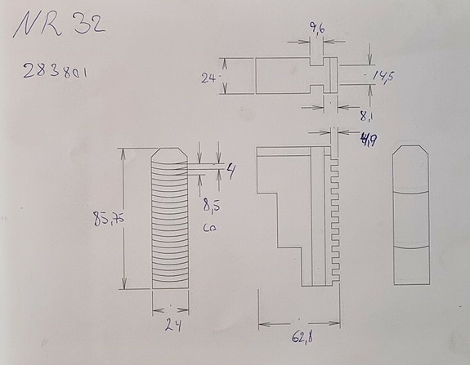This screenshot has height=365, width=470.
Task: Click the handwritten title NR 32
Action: pyautogui.click(x=59, y=27)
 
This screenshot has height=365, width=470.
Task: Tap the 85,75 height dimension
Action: pyautogui.click(x=106, y=220)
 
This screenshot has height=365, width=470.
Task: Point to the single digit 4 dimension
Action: pyautogui.click(x=231, y=171)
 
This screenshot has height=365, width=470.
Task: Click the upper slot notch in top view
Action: pyautogui.click(x=317, y=62)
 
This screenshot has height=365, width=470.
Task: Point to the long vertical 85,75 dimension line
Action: pyautogui.click(x=123, y=219)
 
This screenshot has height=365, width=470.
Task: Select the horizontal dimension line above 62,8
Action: pyautogui.click(x=299, y=321)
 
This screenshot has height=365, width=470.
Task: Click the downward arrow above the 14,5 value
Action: pyautogui.click(x=369, y=60)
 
